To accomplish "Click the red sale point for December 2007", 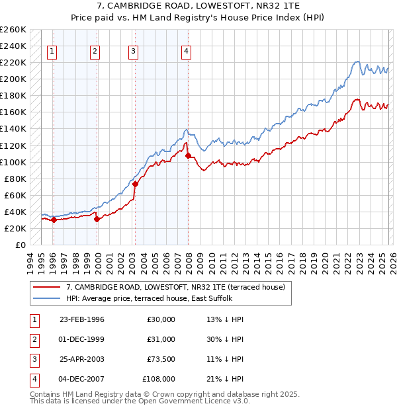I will (188, 155).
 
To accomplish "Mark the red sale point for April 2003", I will (135, 184).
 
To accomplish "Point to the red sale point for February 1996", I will (54, 220).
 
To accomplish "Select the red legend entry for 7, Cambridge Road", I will (175, 287).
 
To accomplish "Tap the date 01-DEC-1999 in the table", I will (82, 339).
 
